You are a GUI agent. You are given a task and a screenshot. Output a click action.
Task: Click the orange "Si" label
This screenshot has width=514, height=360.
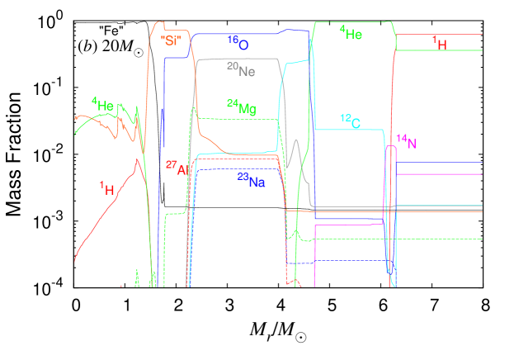[x=170, y=40]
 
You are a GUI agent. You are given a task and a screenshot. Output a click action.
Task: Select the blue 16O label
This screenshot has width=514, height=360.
[x=238, y=40]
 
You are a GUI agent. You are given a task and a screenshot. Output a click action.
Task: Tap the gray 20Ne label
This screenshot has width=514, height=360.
[x=241, y=70]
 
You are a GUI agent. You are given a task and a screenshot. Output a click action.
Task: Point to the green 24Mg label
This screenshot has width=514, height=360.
[x=241, y=107]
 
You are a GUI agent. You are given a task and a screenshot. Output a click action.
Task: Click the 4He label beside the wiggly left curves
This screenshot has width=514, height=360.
[x=102, y=104]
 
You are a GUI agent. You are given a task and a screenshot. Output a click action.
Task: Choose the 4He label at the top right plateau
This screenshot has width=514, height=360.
[x=350, y=33]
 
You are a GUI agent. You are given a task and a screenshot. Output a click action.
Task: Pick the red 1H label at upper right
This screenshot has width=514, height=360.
[x=440, y=42]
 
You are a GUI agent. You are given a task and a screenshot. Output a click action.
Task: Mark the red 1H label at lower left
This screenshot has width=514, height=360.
[x=107, y=189]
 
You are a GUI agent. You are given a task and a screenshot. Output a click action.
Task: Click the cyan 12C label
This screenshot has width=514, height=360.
[x=350, y=121]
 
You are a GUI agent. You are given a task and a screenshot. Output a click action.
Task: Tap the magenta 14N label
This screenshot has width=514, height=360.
[x=406, y=141]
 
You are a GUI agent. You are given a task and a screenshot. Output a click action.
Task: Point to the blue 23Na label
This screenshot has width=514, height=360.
[x=251, y=180]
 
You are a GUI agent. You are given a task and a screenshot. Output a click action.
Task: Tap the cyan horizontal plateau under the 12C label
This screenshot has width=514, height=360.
[x=347, y=130]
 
